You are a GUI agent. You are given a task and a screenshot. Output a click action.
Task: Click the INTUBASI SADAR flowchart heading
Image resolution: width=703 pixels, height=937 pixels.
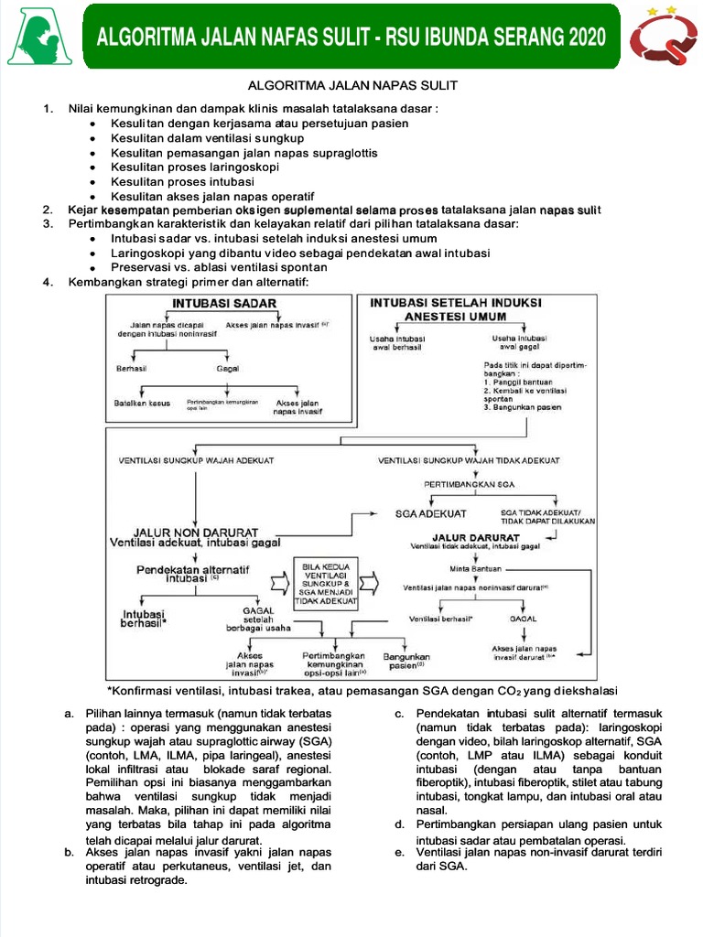pos(223,303)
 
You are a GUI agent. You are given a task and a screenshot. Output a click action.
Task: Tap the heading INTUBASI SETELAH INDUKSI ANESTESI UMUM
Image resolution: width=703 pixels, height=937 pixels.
pos(455,309)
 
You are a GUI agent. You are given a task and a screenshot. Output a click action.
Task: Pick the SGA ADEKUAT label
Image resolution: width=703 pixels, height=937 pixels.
pos(431,514)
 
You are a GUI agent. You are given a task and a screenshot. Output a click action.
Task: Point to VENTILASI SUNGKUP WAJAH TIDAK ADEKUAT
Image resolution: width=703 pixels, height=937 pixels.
pos(469,460)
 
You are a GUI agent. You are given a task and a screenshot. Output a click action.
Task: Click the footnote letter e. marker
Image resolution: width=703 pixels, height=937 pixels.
pos(399,854)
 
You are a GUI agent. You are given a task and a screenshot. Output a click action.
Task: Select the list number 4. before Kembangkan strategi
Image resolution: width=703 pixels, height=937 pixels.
pos(48,282)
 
